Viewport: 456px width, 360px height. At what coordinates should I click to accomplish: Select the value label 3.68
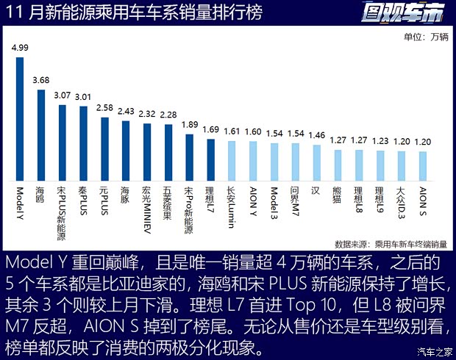pyautogui.click(x=41, y=79)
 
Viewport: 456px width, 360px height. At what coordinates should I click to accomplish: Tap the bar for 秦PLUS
pyautogui.click(x=84, y=144)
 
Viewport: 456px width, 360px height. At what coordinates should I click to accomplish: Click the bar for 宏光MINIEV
pyautogui.click(x=147, y=152)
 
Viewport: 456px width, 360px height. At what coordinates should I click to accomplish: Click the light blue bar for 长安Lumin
pyautogui.click(x=232, y=161)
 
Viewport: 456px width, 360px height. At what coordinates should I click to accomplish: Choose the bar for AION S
pyautogui.click(x=422, y=165)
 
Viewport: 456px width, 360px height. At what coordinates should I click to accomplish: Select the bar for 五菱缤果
pyautogui.click(x=168, y=153)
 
